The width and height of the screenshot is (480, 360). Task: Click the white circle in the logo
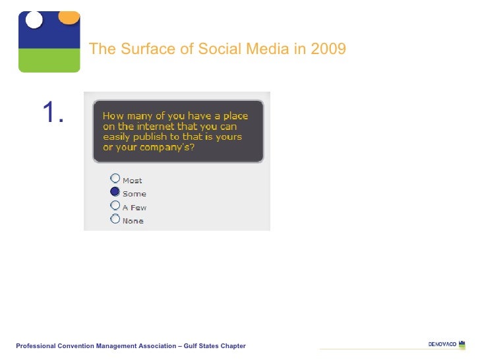[x=34, y=20]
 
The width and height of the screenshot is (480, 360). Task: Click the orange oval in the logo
[x=69, y=16]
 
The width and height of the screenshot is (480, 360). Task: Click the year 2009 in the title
[x=330, y=49]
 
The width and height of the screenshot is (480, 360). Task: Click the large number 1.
[x=53, y=114]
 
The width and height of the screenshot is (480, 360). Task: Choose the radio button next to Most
[x=115, y=178]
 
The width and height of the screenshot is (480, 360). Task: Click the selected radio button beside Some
[x=115, y=192]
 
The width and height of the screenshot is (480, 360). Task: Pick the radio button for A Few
[x=115, y=206]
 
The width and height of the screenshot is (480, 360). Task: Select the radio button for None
[x=115, y=219]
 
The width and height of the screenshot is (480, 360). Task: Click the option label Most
[x=132, y=181]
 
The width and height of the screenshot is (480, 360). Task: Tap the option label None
[x=133, y=221]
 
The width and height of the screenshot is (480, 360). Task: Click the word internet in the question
[x=155, y=127]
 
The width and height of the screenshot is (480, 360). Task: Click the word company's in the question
[x=169, y=147]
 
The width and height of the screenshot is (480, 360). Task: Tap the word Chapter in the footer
[x=233, y=346]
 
